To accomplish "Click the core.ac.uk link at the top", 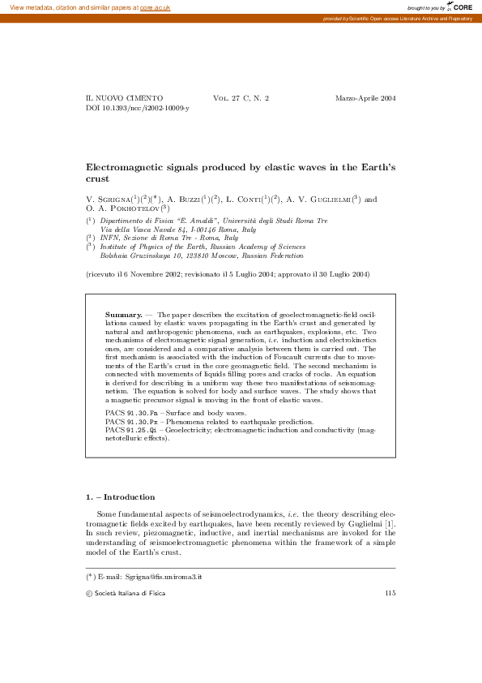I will [156, 6].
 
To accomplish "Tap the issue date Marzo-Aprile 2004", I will [365, 98].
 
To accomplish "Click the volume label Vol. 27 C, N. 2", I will [241, 98].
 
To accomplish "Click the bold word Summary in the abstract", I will [123, 314].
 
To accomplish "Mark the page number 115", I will [390, 594].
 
